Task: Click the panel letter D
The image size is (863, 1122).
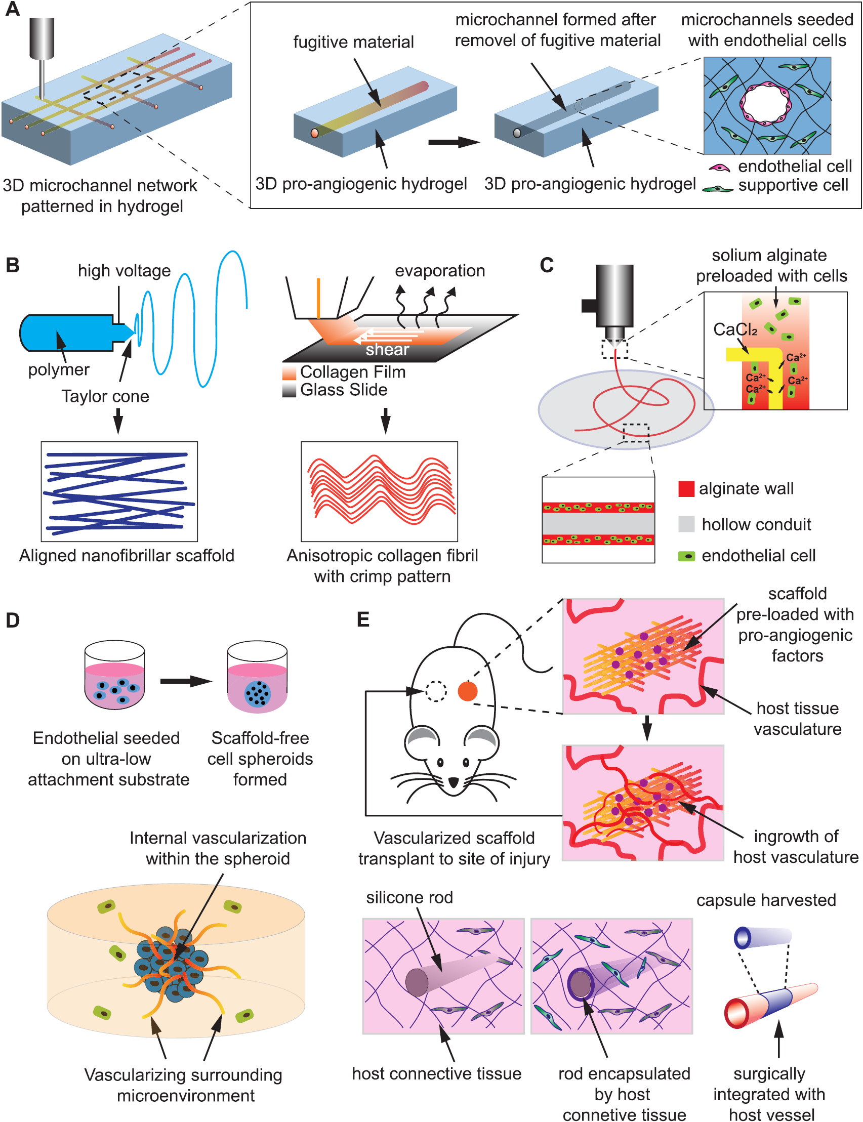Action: [x=12, y=620]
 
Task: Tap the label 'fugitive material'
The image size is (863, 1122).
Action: [x=353, y=42]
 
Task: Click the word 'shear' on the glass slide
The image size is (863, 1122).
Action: [x=387, y=350]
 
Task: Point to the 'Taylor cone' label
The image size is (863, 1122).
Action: [x=105, y=396]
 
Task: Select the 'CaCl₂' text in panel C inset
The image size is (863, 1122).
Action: [x=735, y=329]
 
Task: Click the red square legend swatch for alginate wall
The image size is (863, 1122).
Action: [x=686, y=488]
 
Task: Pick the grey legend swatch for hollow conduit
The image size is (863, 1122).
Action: [x=686, y=524]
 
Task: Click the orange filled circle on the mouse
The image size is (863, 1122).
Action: [x=468, y=691]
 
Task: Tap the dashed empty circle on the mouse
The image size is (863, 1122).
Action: [x=436, y=691]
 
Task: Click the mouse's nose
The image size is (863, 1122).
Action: [x=453, y=782]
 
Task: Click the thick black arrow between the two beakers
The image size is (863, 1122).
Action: [x=185, y=681]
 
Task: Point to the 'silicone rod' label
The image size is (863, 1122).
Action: [x=409, y=897]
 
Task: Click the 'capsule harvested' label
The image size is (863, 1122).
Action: [x=766, y=900]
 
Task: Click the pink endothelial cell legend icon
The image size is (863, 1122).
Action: [x=719, y=168]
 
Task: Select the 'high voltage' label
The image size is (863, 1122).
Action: [x=124, y=271]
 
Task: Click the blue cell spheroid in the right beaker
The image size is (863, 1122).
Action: [x=257, y=693]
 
